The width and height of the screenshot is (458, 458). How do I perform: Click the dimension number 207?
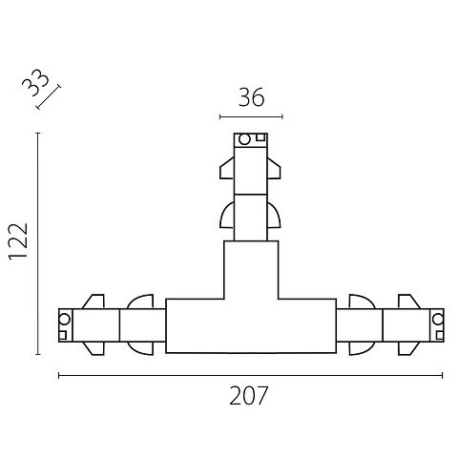click(x=249, y=396)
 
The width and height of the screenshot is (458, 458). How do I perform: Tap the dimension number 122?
click(x=18, y=241)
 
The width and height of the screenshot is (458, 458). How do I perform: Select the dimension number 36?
click(x=251, y=97)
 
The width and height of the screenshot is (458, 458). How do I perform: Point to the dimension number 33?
click(x=35, y=82)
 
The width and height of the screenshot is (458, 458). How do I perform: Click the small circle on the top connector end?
click(x=244, y=139)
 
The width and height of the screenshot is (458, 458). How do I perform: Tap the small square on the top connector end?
click(x=260, y=137)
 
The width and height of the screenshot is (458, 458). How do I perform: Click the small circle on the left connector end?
click(x=64, y=319)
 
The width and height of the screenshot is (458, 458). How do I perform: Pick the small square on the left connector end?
click(x=62, y=335)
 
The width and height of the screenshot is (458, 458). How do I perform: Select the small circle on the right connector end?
click(x=438, y=319)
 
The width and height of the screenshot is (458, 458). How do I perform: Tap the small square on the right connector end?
click(x=440, y=335)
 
